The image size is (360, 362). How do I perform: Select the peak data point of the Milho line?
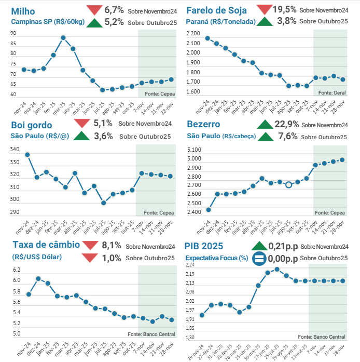63,38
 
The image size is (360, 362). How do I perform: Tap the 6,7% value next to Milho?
114,10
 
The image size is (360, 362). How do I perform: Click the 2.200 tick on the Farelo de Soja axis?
193,34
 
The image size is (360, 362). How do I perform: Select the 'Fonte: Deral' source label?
332,92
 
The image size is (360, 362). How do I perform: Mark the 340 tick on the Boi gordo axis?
15,150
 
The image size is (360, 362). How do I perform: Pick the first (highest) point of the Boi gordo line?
27,154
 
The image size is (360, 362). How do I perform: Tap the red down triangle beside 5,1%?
82,124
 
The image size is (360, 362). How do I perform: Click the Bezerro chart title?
203,125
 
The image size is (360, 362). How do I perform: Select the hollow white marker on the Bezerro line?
288,184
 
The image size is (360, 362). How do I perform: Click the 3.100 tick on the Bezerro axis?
193,150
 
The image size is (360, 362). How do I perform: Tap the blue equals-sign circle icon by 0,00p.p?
259,258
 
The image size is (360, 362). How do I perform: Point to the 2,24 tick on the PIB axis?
189,265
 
